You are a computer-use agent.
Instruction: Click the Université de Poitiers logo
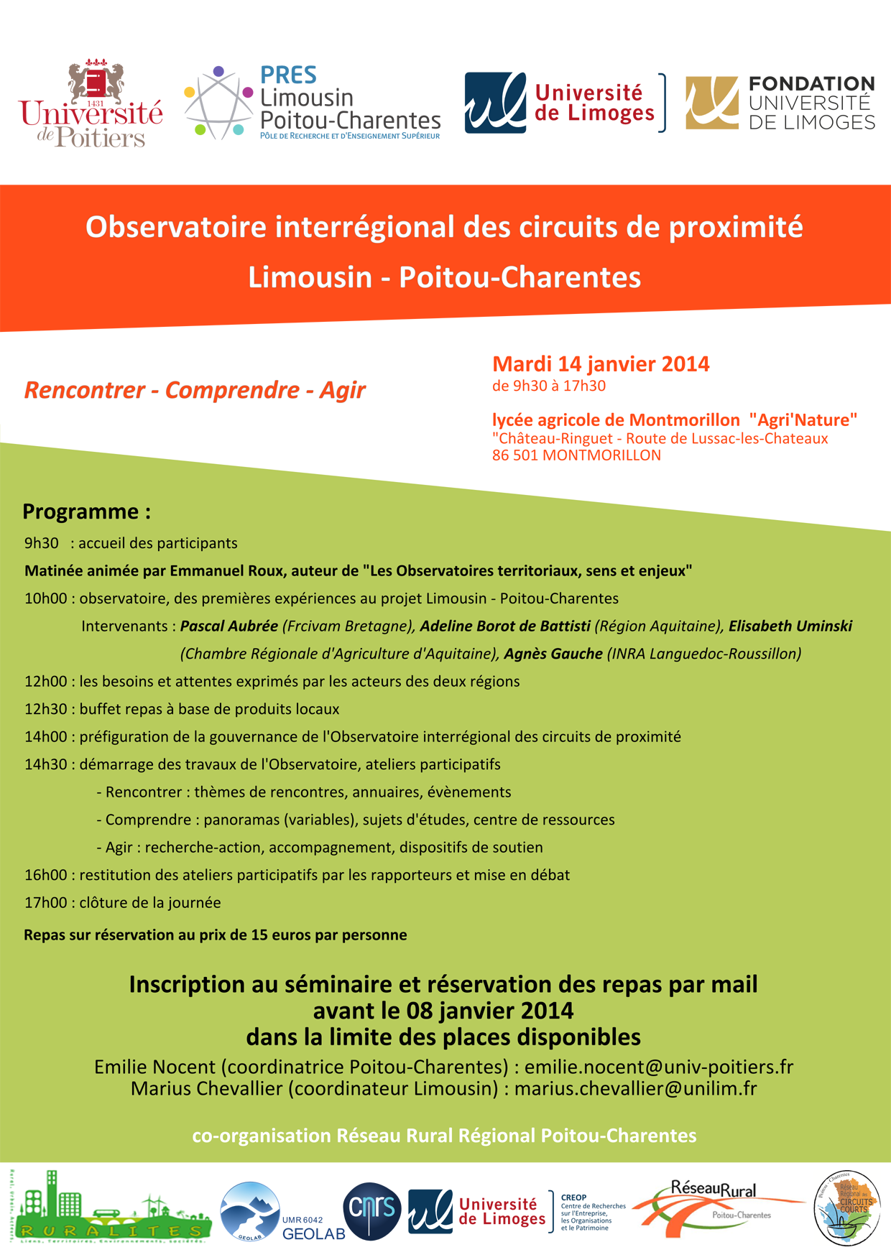[91, 103]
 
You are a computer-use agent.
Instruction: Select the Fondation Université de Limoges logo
[780, 103]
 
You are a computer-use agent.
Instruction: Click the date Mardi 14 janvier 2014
[601, 364]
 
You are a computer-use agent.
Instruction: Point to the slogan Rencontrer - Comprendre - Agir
[195, 390]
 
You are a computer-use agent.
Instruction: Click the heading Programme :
[86, 511]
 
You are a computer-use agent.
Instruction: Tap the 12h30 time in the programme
[45, 709]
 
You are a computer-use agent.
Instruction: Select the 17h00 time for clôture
[45, 903]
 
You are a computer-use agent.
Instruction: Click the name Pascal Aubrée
[228, 626]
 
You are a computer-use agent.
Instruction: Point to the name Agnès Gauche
[553, 654]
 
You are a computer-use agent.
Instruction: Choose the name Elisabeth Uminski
[790, 626]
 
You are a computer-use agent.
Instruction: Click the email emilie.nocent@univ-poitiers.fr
[659, 1067]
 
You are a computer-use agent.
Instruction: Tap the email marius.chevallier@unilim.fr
[635, 1089]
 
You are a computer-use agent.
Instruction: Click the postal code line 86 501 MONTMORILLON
[576, 455]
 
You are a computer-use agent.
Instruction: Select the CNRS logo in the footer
[371, 1211]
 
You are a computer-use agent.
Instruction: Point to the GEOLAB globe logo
[250, 1211]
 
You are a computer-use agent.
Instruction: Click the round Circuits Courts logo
[847, 1208]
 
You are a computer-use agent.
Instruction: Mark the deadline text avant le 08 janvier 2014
[443, 1011]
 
